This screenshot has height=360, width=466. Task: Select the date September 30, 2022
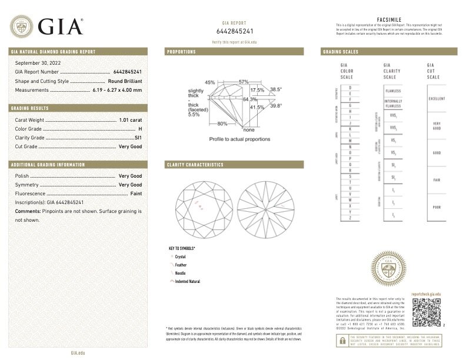[x=38, y=62]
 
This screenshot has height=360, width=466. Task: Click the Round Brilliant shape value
[x=125, y=81]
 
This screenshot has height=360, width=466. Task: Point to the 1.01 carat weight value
[x=131, y=120]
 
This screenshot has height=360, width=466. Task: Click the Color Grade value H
[x=140, y=128]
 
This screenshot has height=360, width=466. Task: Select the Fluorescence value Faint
[x=136, y=193]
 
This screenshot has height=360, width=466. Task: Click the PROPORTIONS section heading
[x=181, y=52]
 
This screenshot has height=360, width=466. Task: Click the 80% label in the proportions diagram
[x=222, y=124]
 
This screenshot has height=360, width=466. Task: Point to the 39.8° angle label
[x=277, y=106]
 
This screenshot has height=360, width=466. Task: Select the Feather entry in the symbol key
[x=182, y=265]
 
